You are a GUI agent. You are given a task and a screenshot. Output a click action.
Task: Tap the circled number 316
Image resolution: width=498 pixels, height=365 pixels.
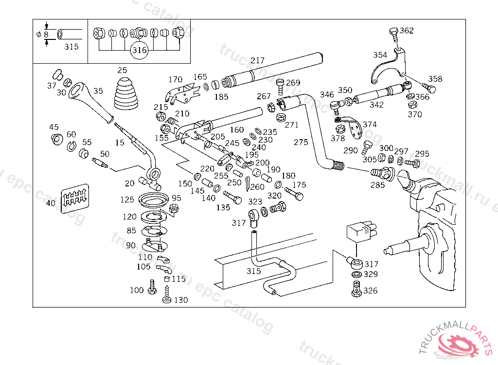(139, 50)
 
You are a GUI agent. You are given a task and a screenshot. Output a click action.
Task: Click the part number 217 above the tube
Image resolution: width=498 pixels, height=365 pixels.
(257, 61)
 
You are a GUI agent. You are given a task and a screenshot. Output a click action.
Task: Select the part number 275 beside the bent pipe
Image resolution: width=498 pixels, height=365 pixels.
(301, 142)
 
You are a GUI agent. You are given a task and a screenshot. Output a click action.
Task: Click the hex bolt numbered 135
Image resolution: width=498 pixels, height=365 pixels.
(233, 198)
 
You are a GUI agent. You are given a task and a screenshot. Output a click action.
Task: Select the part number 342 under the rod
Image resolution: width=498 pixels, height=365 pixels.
(376, 105)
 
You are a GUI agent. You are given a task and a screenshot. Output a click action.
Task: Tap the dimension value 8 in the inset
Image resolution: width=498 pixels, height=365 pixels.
(46, 35)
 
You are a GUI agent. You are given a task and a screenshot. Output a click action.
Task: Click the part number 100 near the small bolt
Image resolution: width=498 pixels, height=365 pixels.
(137, 291)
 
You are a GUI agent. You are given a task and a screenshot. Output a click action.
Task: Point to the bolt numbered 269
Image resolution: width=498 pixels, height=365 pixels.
(281, 88)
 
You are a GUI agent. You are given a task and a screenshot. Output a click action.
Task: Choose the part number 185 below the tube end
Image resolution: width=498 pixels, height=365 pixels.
(221, 97)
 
